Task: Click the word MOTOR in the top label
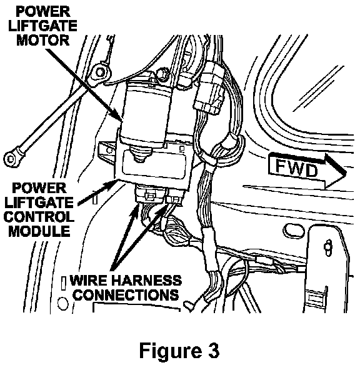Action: [x=43, y=40]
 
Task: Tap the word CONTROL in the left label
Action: [x=39, y=217]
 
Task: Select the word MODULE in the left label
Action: [x=39, y=231]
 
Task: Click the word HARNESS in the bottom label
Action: [x=147, y=280]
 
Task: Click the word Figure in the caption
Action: [x=171, y=351]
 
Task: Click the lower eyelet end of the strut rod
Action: [x=11, y=159]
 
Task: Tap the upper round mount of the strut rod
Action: [x=101, y=72]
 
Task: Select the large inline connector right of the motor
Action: [x=210, y=89]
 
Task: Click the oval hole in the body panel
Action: [x=294, y=230]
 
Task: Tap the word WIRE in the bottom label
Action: [x=89, y=280]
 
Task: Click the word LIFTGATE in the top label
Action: [x=43, y=26]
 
